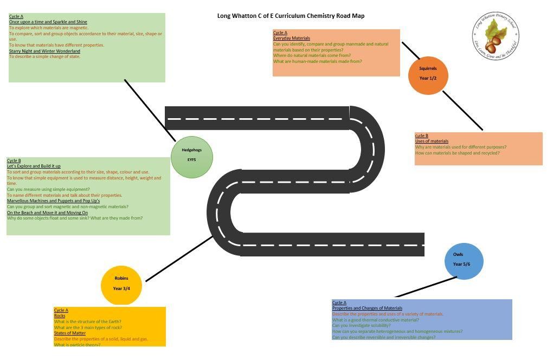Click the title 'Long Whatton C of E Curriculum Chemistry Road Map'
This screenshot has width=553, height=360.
click(291, 16)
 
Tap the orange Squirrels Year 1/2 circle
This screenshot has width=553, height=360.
click(428, 74)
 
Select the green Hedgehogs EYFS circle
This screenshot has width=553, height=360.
click(191, 157)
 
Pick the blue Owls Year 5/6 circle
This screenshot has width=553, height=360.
click(464, 261)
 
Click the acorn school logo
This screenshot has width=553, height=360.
click(496, 37)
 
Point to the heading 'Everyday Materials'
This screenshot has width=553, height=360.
click(292, 38)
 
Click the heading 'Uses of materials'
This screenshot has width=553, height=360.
click(432, 142)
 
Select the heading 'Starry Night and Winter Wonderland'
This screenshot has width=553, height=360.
click(44, 51)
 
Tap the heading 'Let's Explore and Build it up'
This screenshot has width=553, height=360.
click(34, 166)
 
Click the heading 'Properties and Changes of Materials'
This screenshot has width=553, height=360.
click(367, 308)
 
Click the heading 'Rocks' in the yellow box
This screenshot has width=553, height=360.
click(60, 316)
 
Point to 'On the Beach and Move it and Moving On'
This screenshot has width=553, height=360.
click(47, 213)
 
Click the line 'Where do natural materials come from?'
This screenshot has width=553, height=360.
click(312, 55)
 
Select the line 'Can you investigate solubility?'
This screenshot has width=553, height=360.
click(361, 326)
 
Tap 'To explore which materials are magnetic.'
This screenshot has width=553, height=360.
click(48, 28)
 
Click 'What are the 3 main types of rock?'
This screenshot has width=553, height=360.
click(88, 327)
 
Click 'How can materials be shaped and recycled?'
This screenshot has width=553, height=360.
click(457, 153)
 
